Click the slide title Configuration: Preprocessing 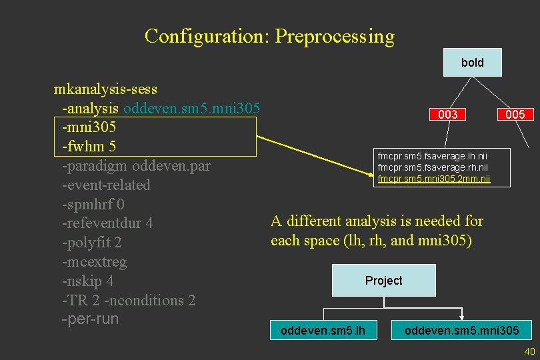[x=269, y=36]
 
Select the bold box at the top [x=472, y=63]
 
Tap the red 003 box [x=447, y=115]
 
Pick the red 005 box [x=515, y=115]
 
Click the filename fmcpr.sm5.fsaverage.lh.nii [x=433, y=155]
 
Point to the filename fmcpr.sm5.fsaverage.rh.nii [x=433, y=167]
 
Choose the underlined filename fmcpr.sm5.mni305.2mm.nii [x=433, y=178]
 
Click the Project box [x=383, y=281]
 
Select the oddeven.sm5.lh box [x=323, y=330]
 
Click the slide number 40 [x=530, y=351]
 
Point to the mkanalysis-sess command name [x=105, y=89]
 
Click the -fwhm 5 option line [x=89, y=146]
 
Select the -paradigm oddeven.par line [x=135, y=165]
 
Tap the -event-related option [x=105, y=185]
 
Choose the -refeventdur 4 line [x=107, y=223]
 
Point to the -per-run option [x=89, y=319]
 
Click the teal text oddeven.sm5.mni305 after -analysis [x=191, y=108]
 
